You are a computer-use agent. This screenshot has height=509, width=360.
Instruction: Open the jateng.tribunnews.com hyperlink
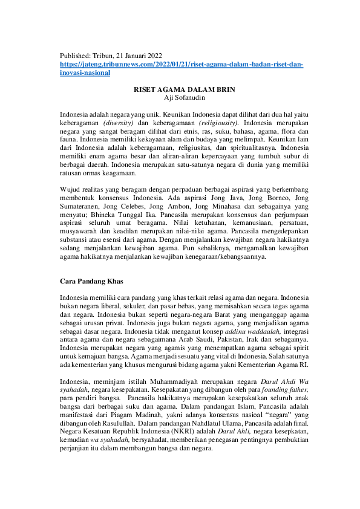coord(182,64)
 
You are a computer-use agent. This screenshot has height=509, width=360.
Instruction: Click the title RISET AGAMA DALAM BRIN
coord(180,89)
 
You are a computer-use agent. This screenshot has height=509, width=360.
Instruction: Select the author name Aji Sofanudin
coord(180,97)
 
